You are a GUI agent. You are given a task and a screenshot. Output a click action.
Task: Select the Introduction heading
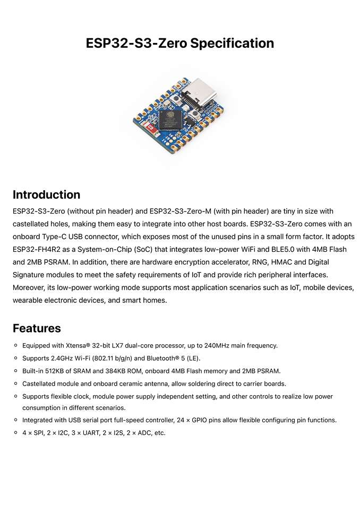click(46, 194)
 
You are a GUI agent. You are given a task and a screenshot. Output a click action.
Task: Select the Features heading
click(37, 328)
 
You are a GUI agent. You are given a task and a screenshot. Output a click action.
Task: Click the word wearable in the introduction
click(29, 300)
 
